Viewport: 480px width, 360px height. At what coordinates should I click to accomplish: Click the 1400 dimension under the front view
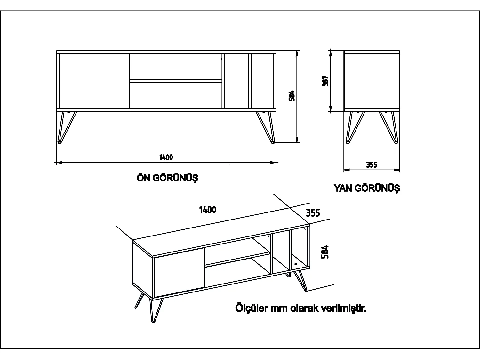(166, 157)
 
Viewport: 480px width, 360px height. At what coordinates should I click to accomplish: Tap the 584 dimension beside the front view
(292, 96)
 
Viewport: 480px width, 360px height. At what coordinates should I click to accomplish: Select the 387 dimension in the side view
(326, 81)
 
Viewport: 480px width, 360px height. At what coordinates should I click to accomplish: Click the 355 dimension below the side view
(372, 165)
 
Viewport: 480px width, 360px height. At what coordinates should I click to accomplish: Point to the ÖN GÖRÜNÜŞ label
(167, 178)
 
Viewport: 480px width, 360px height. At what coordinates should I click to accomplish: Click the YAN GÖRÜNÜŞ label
(367, 188)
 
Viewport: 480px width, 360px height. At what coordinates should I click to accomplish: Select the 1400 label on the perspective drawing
(208, 210)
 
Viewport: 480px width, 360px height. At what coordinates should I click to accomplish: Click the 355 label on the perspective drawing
(313, 213)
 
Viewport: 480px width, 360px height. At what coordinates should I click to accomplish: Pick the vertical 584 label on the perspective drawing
(325, 252)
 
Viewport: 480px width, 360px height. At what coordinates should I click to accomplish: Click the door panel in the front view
(94, 81)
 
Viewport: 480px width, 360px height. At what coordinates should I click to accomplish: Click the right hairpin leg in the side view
(389, 127)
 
